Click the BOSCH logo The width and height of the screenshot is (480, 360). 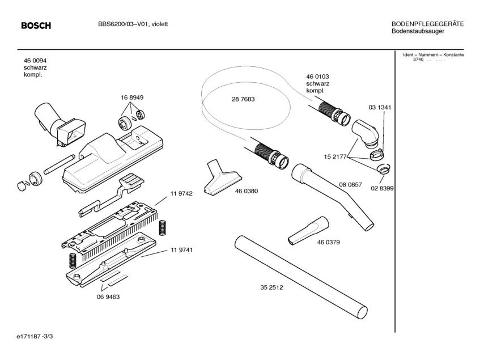[36, 26]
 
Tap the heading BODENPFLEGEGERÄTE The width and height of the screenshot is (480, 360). [428, 24]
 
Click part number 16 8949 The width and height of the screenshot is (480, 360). [131, 98]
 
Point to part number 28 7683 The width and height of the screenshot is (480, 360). [243, 99]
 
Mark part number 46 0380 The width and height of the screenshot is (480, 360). [247, 191]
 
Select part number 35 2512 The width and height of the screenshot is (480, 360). [271, 287]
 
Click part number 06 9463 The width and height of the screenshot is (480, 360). [108, 297]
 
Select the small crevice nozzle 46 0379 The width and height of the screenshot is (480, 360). [307, 230]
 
